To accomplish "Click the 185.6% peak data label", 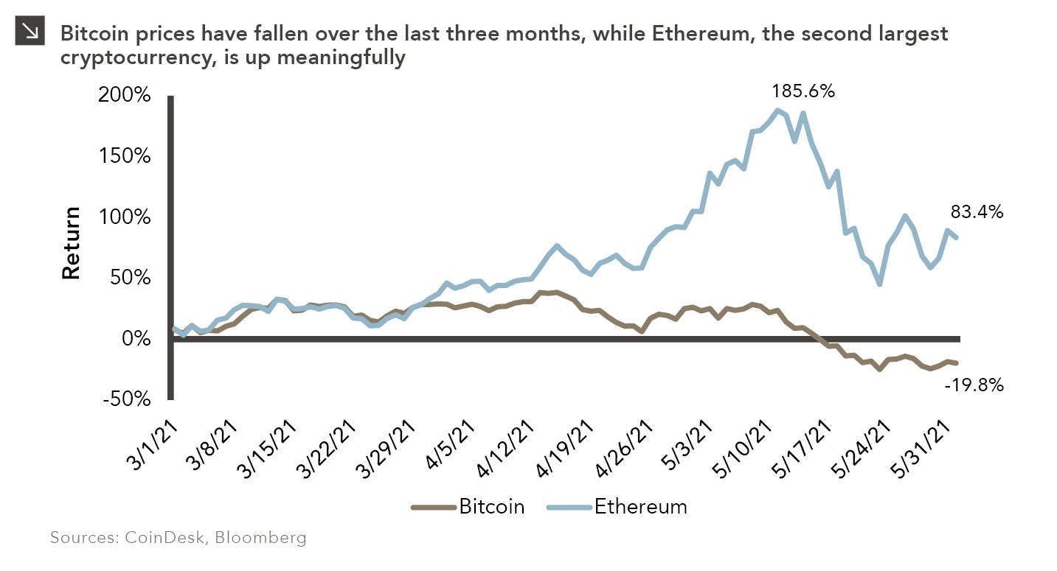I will tap(803, 92).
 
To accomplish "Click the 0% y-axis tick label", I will tap(136, 339).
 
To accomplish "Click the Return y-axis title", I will tap(71, 243).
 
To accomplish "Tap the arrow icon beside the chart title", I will tap(30, 30).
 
